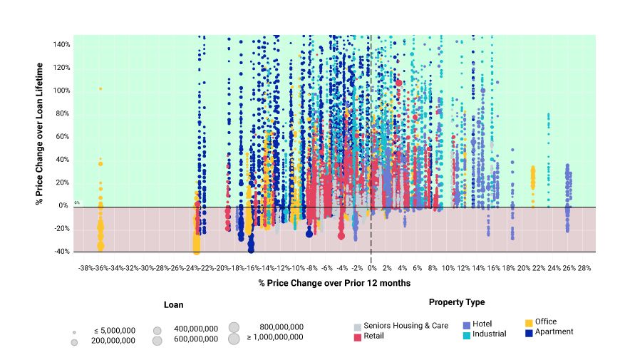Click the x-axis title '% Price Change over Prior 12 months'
point(334,283)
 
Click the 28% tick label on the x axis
point(584,268)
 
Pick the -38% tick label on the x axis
point(86,268)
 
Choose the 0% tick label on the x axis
point(372,268)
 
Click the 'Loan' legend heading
point(173,304)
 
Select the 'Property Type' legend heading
point(456,302)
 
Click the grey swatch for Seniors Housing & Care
point(358,326)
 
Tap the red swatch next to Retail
point(358,336)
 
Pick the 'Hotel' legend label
point(482,324)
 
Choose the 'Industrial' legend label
point(489,334)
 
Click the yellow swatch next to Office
point(529,322)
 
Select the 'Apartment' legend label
point(554,331)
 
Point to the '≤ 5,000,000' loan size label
point(114,331)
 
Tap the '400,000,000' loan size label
point(196,329)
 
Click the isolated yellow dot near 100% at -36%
point(100,88)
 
